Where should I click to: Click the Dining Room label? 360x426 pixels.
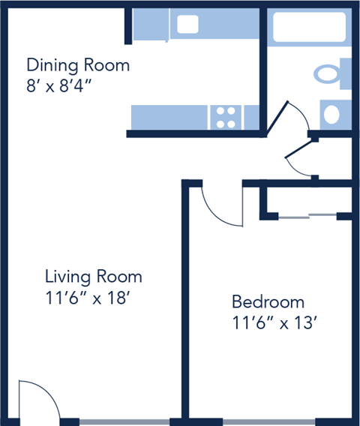(77, 65)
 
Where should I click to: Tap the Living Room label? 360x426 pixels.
(93, 277)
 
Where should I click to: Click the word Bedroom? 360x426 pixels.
(268, 302)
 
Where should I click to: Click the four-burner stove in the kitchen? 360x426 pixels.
(226, 116)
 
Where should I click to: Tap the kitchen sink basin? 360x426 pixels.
(187, 25)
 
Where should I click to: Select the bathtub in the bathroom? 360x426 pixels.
(308, 27)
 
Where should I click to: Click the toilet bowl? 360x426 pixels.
(327, 74)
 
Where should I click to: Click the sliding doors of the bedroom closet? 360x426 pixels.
(307, 217)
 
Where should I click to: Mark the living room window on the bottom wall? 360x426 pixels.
(124, 421)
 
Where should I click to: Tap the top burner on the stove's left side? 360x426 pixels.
(220, 111)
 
